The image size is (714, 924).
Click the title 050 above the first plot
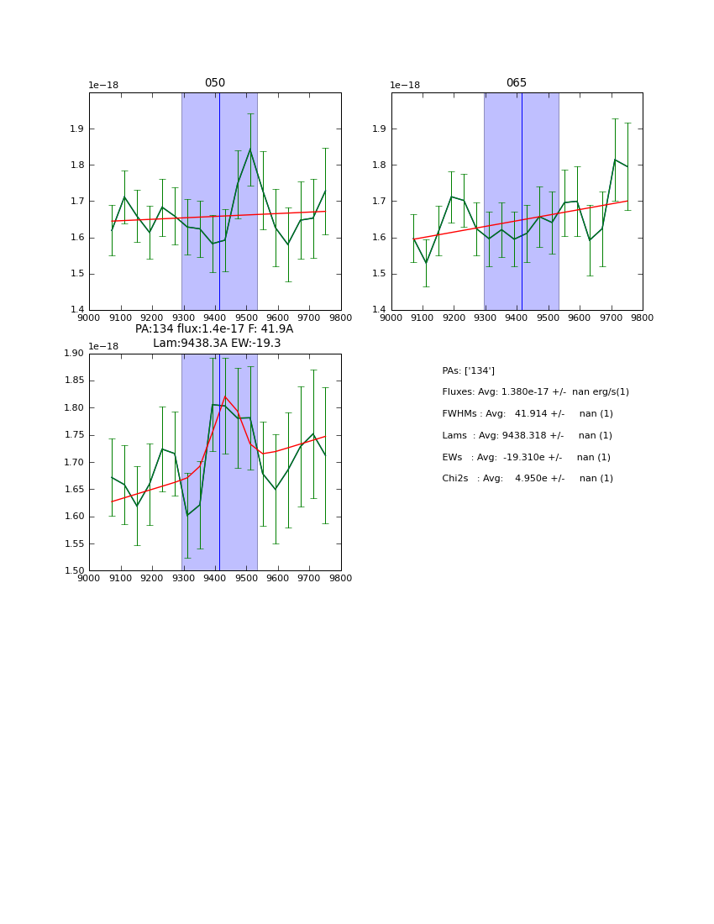[x=215, y=83]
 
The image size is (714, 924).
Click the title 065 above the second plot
[x=517, y=83]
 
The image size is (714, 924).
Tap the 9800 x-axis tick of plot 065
[x=643, y=318]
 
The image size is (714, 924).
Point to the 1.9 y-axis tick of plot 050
[x=76, y=129]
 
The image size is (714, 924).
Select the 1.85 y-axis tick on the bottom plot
[x=73, y=381]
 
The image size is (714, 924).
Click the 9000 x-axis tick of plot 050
[x=89, y=318]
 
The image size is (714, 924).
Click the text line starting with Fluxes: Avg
[x=535, y=392]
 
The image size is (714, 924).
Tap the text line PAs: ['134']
[x=468, y=370]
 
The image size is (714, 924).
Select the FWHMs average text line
[x=528, y=414]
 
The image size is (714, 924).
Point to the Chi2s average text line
[x=528, y=479]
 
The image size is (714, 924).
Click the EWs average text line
[x=526, y=457]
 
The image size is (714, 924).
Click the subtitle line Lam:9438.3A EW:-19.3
[x=217, y=344]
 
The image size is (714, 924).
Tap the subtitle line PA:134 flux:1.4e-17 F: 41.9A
[x=214, y=329]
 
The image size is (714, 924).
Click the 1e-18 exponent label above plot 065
[x=405, y=86]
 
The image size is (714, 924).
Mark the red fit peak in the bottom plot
[x=225, y=396]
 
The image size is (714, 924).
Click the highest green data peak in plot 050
[x=250, y=150]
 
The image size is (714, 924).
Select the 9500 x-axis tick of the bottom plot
[x=246, y=578]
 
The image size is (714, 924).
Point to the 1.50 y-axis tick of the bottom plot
[x=73, y=571]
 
